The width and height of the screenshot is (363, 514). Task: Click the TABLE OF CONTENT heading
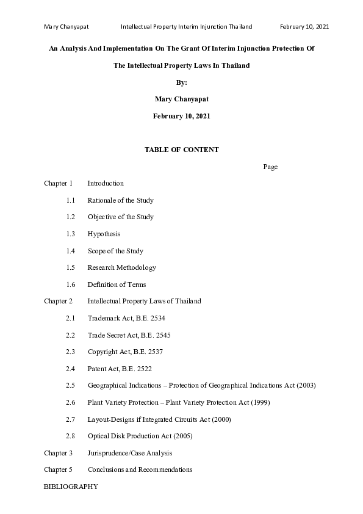point(181,150)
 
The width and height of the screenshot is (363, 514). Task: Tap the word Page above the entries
point(270,167)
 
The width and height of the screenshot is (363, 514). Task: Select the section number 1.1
point(70,200)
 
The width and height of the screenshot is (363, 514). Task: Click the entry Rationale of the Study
point(120,200)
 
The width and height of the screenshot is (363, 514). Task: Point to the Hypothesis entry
point(104,234)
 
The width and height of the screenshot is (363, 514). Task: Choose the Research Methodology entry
point(121,267)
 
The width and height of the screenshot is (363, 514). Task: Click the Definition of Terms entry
point(117,284)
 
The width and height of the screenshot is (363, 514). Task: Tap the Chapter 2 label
point(58,301)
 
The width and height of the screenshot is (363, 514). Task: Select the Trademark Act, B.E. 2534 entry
point(126,318)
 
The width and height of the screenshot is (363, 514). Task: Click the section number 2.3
point(70,352)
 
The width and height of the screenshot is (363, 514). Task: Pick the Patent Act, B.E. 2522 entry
point(120,369)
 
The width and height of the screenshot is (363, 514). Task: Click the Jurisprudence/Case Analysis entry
point(129,453)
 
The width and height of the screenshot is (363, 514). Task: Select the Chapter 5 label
point(58,469)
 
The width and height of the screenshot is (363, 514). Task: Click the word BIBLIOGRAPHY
point(70,487)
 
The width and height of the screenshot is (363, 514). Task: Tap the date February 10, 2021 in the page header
point(304,27)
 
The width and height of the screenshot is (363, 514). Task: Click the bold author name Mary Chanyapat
point(181,99)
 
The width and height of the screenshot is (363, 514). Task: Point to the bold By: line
point(181,82)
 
